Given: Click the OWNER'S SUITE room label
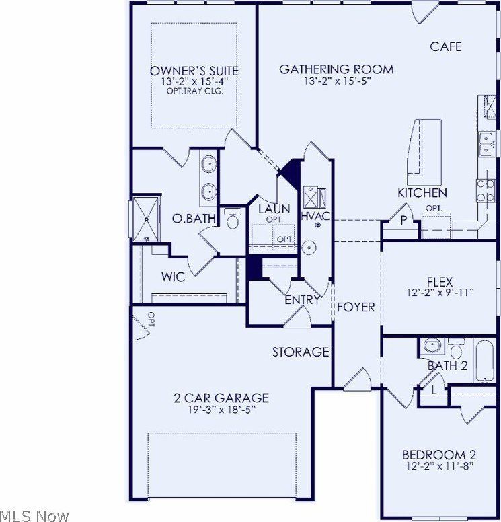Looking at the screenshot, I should [x=194, y=70].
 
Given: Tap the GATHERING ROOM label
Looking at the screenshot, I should [x=336, y=69].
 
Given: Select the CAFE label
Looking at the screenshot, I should [x=446, y=46].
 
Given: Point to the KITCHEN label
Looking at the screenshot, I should [x=422, y=193].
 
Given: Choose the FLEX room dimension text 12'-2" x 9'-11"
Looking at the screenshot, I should [x=441, y=293].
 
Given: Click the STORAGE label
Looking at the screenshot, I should [x=301, y=352].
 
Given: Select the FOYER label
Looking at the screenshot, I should [x=356, y=307].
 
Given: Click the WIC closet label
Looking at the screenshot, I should [x=173, y=276].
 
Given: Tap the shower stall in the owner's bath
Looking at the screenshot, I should [x=146, y=219].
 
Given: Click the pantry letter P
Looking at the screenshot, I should [x=403, y=219].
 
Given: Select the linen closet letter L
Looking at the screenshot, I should [x=434, y=389].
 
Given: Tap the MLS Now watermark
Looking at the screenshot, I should [x=35, y=516].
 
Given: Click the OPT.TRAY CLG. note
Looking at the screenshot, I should [x=194, y=90].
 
